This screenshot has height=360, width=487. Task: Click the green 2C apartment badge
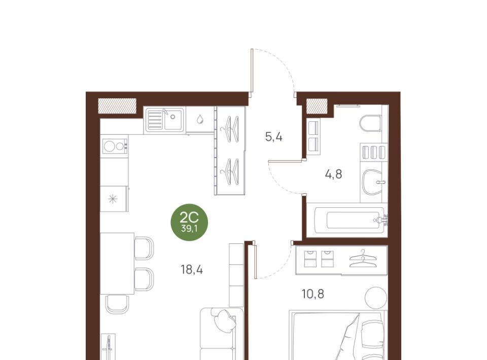(189, 222)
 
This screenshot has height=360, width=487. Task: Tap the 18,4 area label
(192, 270)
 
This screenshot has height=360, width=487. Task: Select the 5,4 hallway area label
(273, 136)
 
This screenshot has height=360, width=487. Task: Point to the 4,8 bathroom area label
(334, 174)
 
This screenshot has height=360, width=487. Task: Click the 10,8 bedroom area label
(313, 294)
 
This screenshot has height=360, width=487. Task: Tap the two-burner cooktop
(115, 146)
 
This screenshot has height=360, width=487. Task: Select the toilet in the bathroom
(371, 123)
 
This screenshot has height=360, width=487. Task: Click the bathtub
(350, 220)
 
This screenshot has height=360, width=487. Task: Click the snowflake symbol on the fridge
(113, 199)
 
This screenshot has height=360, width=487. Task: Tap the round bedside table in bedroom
(376, 297)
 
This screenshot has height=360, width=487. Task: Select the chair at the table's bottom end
(117, 304)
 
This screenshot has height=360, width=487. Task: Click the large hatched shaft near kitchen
(117, 105)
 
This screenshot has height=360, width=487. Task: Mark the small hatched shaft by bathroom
(317, 106)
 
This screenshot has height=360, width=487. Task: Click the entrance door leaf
(252, 71)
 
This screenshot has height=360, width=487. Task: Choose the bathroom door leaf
(285, 161)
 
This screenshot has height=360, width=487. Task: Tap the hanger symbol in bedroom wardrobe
(363, 259)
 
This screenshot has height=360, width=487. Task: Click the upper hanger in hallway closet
(230, 129)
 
